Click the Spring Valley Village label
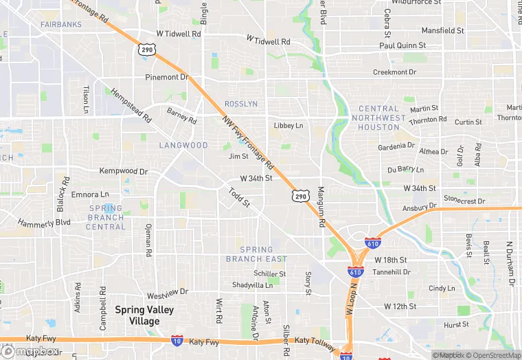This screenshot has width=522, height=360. [x=144, y=315]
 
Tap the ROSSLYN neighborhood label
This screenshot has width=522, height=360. [x=241, y=104]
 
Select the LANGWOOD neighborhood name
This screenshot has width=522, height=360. [x=183, y=146]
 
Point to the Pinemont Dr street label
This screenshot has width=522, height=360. [x=166, y=77]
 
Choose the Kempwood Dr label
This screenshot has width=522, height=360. [x=124, y=171]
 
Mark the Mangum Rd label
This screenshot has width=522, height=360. [x=321, y=207]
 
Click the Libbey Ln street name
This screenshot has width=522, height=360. [x=288, y=126]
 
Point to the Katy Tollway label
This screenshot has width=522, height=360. [x=315, y=341]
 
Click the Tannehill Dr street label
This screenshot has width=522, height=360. [x=391, y=272]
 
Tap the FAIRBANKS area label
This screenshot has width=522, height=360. [x=60, y=25]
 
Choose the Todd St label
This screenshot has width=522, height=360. [x=239, y=199]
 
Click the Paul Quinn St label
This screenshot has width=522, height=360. [x=403, y=46]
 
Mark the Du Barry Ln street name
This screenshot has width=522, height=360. [x=406, y=170]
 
